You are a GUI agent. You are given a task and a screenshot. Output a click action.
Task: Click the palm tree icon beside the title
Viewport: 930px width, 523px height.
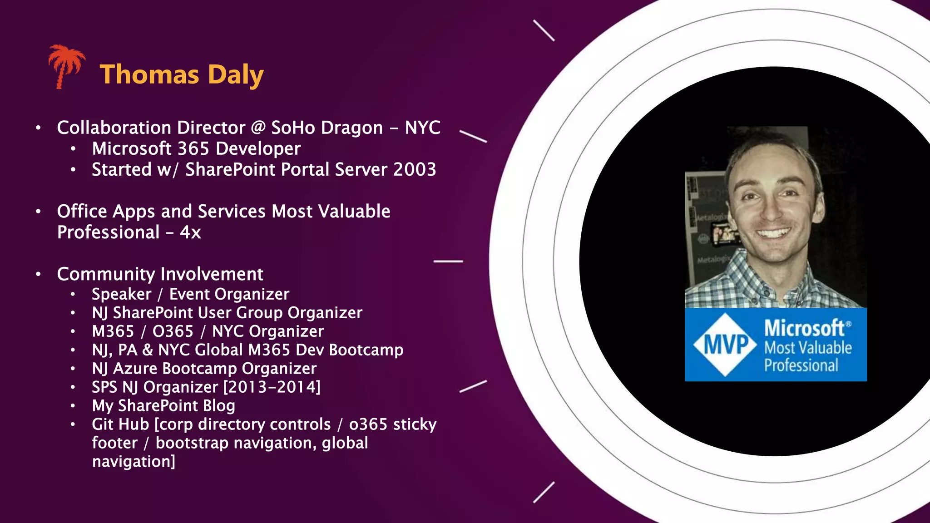66,65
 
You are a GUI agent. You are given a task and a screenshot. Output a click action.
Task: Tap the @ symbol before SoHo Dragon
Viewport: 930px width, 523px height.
258,128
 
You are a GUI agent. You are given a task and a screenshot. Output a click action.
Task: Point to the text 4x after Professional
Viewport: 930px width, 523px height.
190,232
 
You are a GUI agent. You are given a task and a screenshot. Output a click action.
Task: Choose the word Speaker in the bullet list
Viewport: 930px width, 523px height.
121,294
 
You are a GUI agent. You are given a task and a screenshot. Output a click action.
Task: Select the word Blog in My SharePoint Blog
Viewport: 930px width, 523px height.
219,406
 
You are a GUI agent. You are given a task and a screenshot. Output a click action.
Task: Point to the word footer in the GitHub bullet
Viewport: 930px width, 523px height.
114,443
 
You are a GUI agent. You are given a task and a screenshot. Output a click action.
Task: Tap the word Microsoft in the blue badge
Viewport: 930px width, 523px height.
804,328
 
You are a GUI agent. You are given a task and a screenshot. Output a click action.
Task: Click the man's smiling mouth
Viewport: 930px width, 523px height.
773,234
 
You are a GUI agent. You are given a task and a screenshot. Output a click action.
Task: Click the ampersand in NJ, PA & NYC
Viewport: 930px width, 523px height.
148,350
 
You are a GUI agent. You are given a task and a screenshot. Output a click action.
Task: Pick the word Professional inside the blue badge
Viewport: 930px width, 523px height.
801,365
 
